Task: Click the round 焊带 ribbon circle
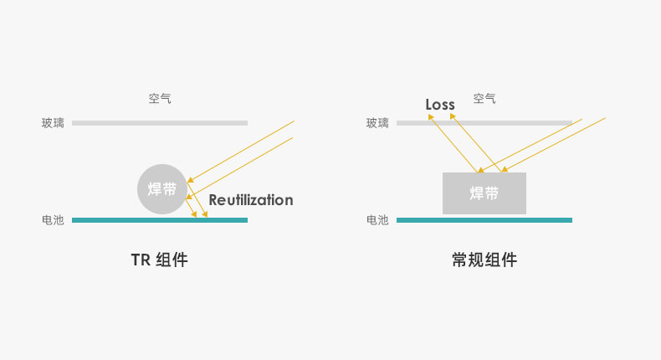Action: pos(162,189)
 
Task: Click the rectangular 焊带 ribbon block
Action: pos(484,193)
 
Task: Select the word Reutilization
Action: pos(251,199)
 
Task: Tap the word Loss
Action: pos(440,105)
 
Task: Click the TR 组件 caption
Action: pos(159,260)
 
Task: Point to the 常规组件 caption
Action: pos(484,260)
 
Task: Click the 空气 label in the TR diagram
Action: pos(160,99)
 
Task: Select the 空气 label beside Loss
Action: pos(484,99)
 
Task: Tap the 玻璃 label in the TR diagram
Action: pos(53,123)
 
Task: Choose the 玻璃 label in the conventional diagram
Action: pos(377,123)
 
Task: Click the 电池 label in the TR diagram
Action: pos(53,220)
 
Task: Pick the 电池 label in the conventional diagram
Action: pos(377,220)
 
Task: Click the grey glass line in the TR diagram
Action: pos(160,123)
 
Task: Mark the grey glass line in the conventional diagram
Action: pos(484,123)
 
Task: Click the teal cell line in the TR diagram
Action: pos(160,220)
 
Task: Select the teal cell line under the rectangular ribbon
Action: pos(484,220)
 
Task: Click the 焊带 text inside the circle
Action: pos(162,189)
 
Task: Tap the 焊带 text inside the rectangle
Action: pos(484,193)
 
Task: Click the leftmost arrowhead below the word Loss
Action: pos(431,117)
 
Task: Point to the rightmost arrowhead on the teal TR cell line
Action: pos(205,214)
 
